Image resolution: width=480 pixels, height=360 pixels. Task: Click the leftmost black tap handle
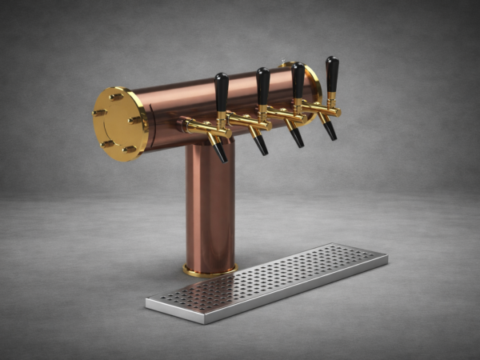coord(222,91)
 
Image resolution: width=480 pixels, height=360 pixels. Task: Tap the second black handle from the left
coord(262,85)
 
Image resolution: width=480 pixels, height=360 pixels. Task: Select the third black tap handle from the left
coord(298,79)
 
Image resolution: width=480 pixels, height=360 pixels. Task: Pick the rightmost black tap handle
coord(331,73)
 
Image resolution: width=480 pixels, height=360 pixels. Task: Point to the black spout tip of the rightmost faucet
coord(330,131)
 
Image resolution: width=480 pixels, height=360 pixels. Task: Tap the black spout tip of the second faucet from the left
coord(261,146)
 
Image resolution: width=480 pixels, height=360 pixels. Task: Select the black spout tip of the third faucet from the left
coord(297,138)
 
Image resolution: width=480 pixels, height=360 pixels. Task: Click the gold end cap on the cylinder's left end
coord(119,123)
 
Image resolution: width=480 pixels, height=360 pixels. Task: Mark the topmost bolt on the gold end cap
coord(117,97)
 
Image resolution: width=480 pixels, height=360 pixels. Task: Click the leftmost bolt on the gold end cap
coord(98,113)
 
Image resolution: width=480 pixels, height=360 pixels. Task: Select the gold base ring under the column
coord(210,270)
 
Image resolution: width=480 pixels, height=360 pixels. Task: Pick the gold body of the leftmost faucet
coord(204,127)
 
